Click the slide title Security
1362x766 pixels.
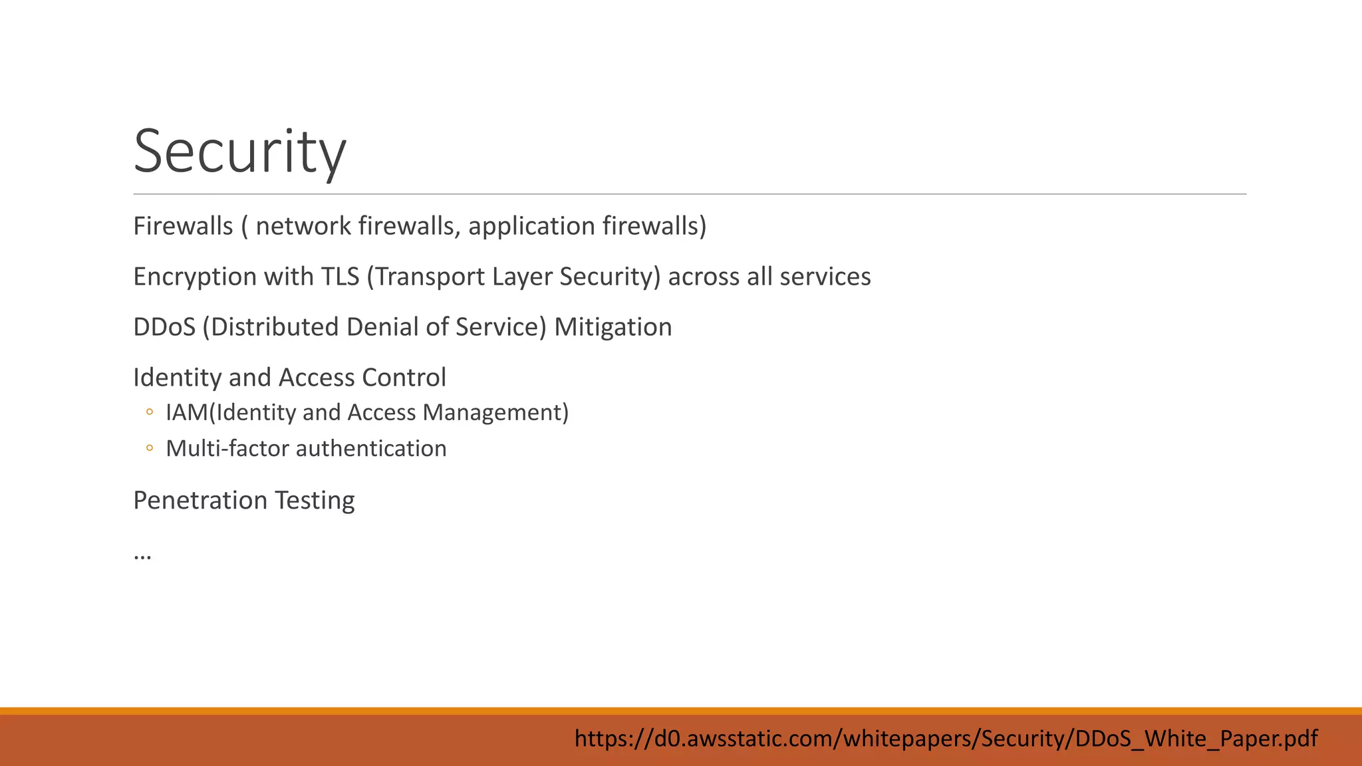pyautogui.click(x=239, y=152)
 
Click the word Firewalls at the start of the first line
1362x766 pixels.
pyautogui.click(x=183, y=226)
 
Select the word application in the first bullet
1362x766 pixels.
pyautogui.click(x=531, y=226)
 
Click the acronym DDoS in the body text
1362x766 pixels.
pyautogui.click(x=164, y=327)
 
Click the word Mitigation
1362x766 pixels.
pyautogui.click(x=613, y=327)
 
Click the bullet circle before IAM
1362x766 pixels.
pyautogui.click(x=150, y=412)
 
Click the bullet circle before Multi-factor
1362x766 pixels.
pyautogui.click(x=150, y=448)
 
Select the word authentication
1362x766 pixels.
pyautogui.click(x=371, y=449)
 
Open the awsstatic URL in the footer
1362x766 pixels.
pyautogui.click(x=946, y=738)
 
